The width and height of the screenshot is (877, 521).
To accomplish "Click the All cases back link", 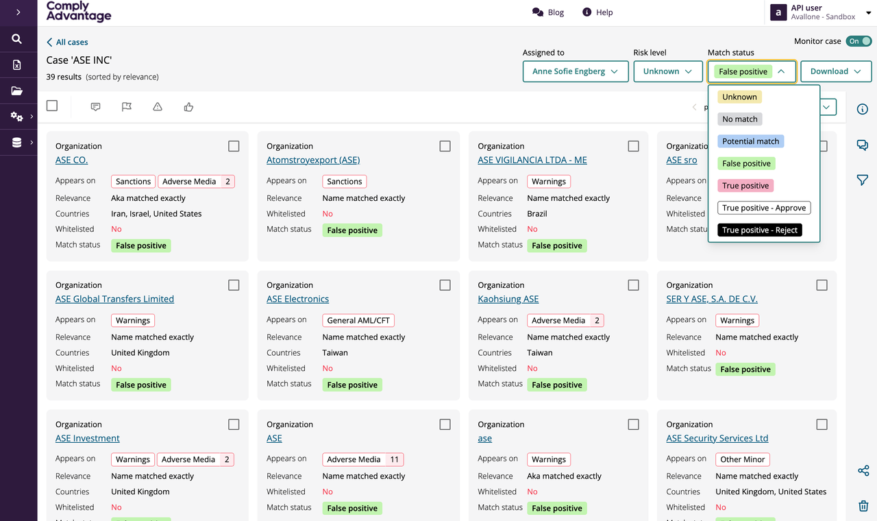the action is coord(67,42).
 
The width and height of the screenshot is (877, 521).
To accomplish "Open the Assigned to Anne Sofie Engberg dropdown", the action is coord(575,71).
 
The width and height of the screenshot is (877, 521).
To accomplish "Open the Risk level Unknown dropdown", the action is coord(667,71).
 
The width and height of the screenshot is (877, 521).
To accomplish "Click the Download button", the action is coord(835,71).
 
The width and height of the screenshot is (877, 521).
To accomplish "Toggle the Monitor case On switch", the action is coord(859,41).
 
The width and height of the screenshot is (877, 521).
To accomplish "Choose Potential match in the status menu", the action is coord(750,141).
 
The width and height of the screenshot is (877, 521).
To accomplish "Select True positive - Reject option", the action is coord(760,230).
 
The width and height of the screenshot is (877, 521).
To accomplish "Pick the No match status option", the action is coord(739,119).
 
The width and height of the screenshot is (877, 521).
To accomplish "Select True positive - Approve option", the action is coord(764,208).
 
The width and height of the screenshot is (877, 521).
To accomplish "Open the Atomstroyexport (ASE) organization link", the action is coord(313,160).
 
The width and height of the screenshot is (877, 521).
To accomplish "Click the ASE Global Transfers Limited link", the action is coord(114,299).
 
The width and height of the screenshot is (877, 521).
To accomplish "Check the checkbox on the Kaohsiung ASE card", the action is coord(633,285).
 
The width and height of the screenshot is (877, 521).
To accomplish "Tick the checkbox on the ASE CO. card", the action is coord(234,146).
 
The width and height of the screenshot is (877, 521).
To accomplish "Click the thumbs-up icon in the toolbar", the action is coord(188,106).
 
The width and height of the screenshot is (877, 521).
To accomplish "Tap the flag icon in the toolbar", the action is coord(127,106).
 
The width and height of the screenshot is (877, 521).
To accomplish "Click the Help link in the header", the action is coord(597,12).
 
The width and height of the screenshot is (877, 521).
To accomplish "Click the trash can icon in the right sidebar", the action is coord(863,506).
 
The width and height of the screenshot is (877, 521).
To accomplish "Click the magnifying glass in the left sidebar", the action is coord(16,39).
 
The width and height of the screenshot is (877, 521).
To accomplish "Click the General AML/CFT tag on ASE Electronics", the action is coord(358,320).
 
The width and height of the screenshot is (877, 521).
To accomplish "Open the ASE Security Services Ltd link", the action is coord(717,438).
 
